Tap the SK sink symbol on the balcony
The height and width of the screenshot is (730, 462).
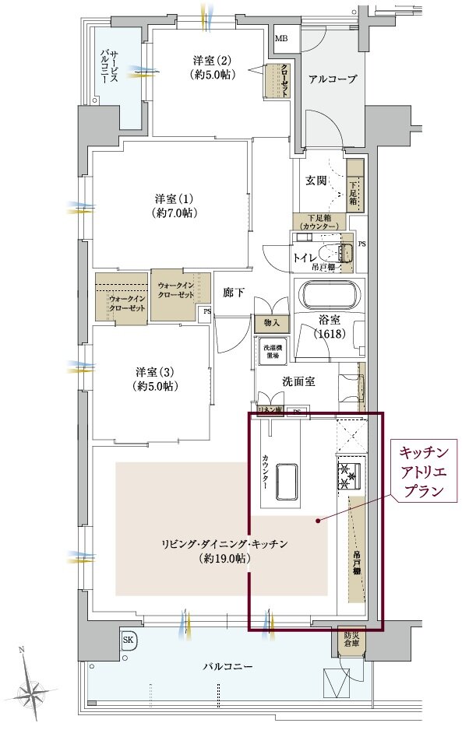click(x=128, y=640)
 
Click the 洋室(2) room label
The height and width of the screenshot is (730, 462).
click(x=213, y=67)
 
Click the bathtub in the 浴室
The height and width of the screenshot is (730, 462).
click(x=331, y=297)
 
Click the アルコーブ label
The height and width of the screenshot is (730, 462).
click(x=333, y=79)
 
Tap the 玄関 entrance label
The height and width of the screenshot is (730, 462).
click(x=316, y=181)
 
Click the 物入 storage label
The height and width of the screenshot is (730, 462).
click(x=272, y=321)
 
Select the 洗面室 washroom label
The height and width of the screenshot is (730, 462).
click(x=297, y=382)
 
